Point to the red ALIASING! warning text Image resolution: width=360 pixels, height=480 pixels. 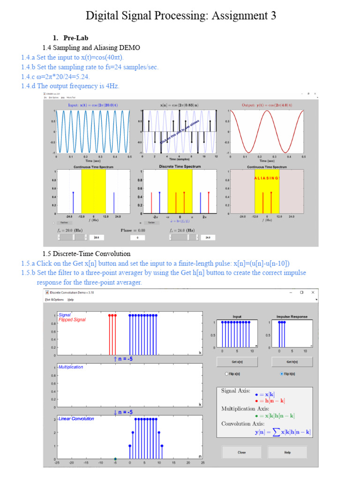[x=267, y=178]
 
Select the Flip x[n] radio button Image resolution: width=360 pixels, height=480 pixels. [x=227, y=374]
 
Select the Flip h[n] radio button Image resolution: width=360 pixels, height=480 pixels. [x=281, y=374]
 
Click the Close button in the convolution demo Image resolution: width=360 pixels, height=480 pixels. [x=241, y=452]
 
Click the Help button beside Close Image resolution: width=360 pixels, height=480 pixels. [x=287, y=452]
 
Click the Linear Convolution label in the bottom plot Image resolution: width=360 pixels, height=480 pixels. [x=76, y=419]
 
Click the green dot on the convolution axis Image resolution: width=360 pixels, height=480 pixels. [x=115, y=458]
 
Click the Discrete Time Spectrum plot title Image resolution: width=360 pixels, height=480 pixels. [x=180, y=166]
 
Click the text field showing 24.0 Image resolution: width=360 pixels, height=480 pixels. [x=206, y=238]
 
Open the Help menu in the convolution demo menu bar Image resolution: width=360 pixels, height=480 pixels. [x=70, y=299]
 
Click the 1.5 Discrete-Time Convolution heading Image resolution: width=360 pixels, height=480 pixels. [x=87, y=254]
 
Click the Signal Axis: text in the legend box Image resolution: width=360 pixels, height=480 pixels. [x=236, y=390]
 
